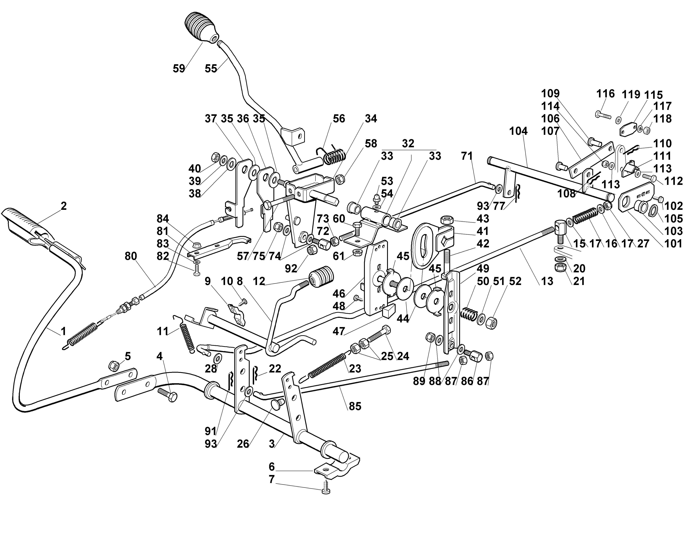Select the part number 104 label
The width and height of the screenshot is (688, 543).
tap(518, 131)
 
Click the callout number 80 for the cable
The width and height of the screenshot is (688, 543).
tap(131, 256)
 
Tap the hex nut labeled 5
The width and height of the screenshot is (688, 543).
tap(113, 366)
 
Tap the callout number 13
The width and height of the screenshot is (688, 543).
tap(547, 281)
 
